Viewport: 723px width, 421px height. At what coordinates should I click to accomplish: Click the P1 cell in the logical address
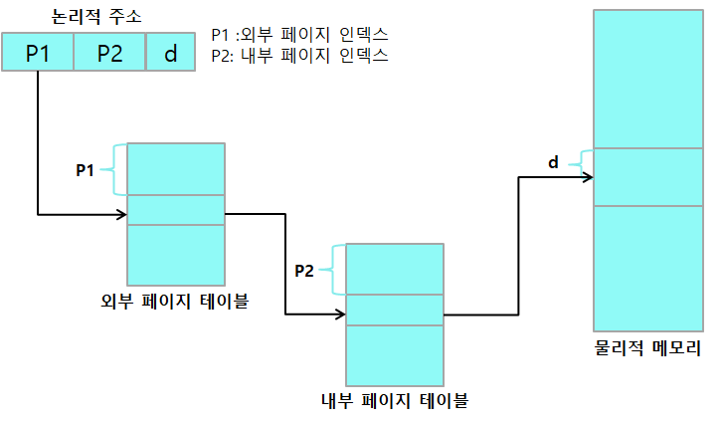[38, 53]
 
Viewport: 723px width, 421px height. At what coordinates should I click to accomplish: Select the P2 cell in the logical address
[109, 53]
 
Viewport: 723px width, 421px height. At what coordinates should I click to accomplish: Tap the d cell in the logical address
[170, 53]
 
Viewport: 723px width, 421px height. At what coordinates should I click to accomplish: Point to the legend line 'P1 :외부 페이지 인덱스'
[299, 34]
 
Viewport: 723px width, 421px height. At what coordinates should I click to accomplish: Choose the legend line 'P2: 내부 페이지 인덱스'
[299, 55]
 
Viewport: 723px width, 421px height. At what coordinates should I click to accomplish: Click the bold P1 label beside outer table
[86, 170]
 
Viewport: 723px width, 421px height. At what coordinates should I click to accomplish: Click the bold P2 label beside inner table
[304, 270]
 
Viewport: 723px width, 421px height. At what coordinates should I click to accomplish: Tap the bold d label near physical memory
[553, 162]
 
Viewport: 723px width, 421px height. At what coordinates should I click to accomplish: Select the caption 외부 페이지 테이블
[175, 299]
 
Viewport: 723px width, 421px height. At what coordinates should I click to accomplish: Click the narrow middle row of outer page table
[176, 210]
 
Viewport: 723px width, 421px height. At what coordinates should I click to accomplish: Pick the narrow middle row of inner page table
[395, 310]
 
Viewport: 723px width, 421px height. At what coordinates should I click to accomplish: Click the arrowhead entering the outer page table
[122, 213]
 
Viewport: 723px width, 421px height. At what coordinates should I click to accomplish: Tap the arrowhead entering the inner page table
[341, 315]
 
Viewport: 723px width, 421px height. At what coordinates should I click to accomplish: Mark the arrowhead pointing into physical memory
[589, 178]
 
